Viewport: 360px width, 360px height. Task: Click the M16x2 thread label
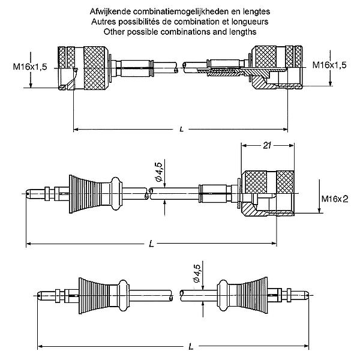(x=335, y=199)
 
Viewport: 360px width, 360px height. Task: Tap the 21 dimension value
(x=267, y=146)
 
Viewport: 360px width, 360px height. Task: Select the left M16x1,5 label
(x=30, y=67)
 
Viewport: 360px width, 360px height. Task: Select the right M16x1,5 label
(x=329, y=65)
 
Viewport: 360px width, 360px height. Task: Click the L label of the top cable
(x=182, y=129)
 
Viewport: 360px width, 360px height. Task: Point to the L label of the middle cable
(x=151, y=244)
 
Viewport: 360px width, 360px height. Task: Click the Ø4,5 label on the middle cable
(x=159, y=172)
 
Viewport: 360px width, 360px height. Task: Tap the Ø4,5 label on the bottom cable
(x=197, y=273)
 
